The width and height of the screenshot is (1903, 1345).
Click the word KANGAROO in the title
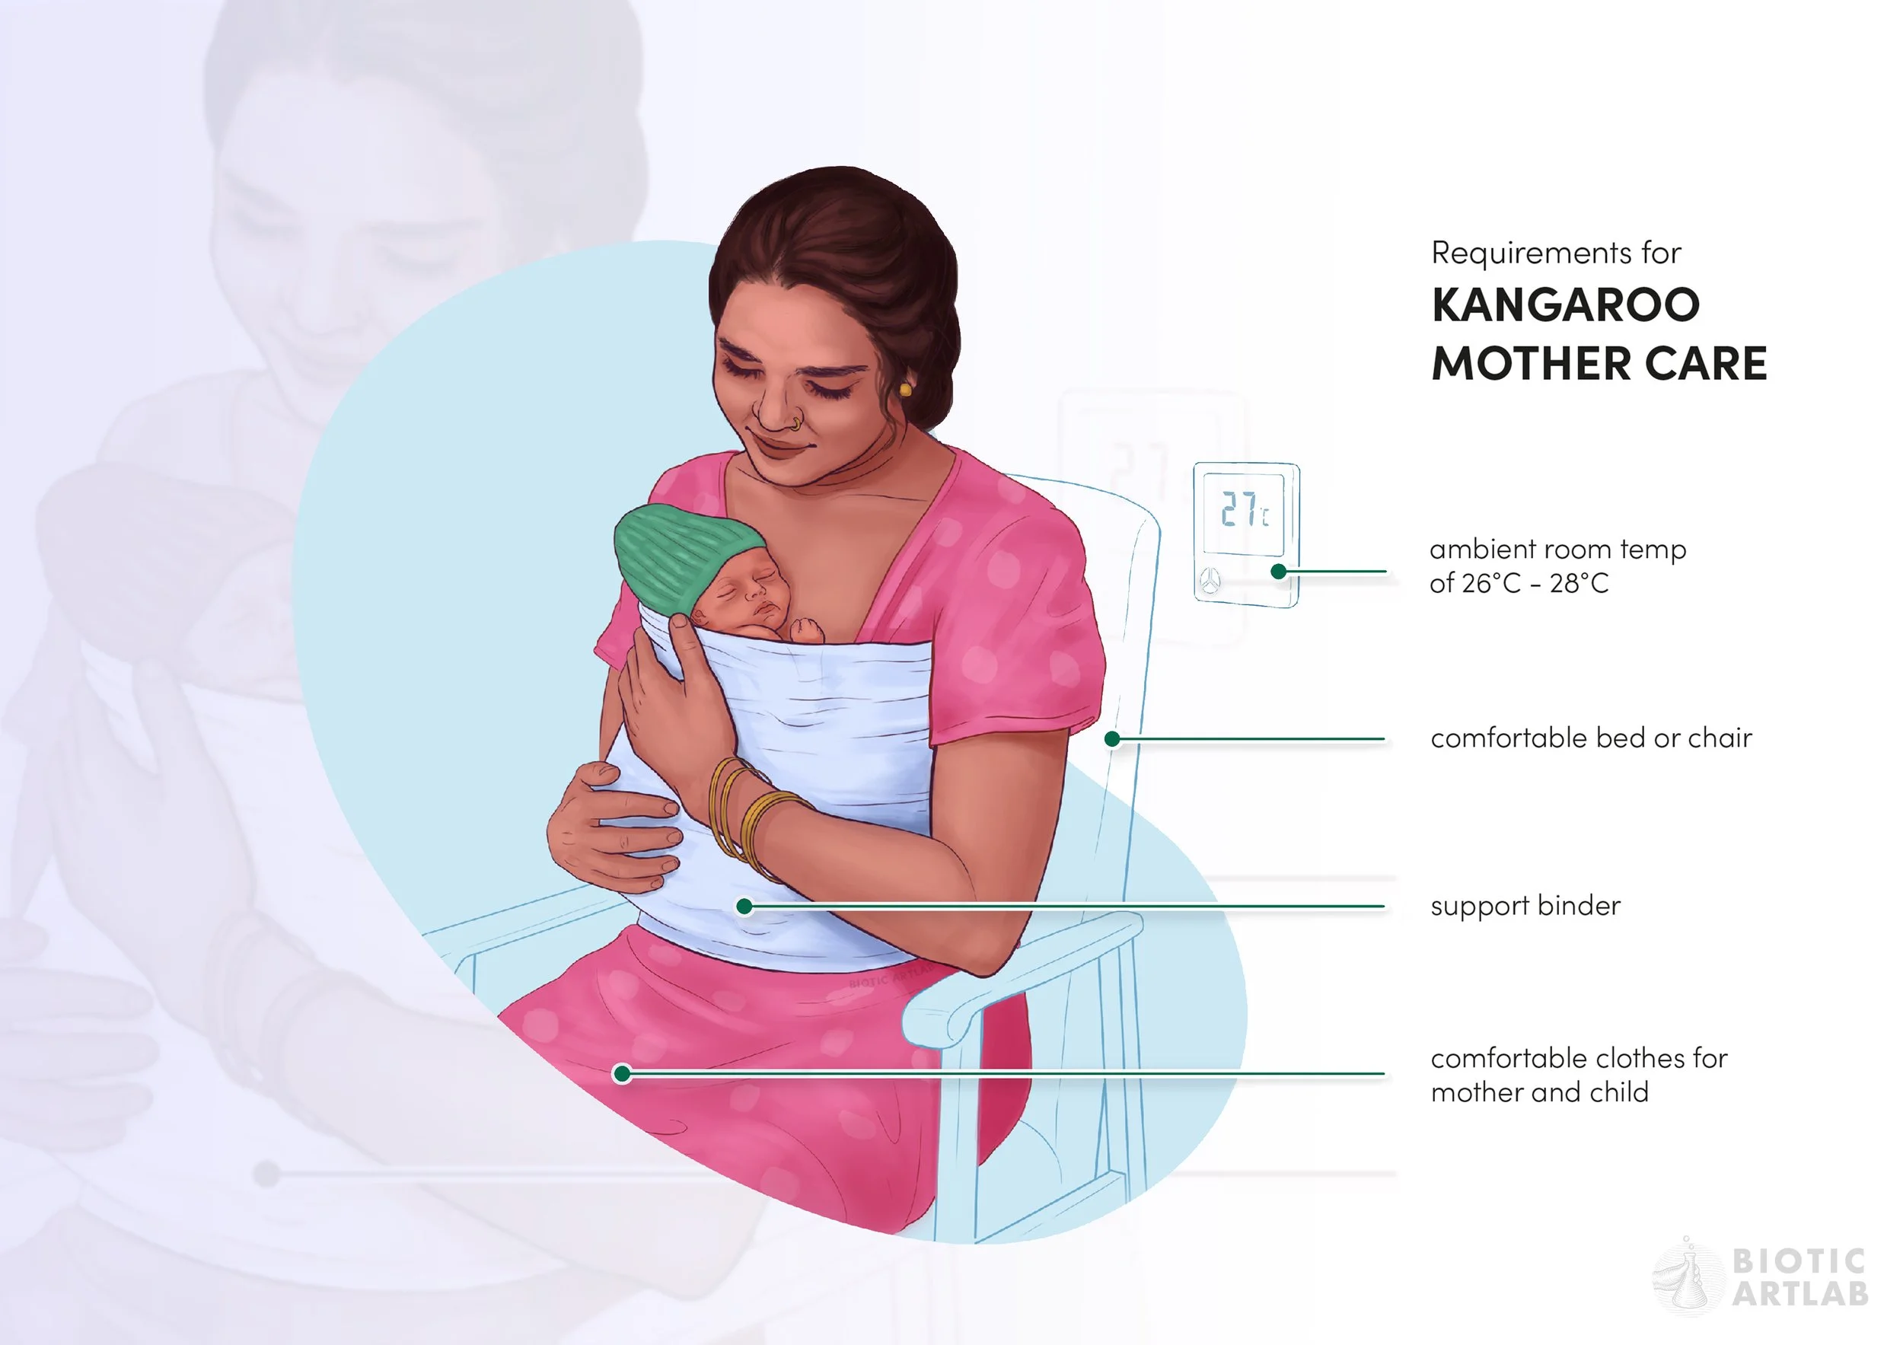[x=1565, y=304]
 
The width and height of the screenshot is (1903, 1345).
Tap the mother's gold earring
[x=905, y=388]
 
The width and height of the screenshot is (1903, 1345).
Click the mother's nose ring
[x=795, y=423]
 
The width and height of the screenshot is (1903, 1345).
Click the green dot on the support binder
[x=744, y=907]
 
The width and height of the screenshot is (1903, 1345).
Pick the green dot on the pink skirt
[x=622, y=1074]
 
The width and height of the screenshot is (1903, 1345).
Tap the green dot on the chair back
[x=1112, y=738]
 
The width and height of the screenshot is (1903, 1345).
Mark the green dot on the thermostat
[x=1278, y=571]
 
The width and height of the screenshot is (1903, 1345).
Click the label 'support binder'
[x=1525, y=906]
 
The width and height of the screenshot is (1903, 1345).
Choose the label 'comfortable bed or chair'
[x=1591, y=738]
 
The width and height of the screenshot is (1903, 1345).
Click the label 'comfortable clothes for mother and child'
[x=1578, y=1075]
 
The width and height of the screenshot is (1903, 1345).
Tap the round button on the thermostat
[x=1210, y=581]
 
